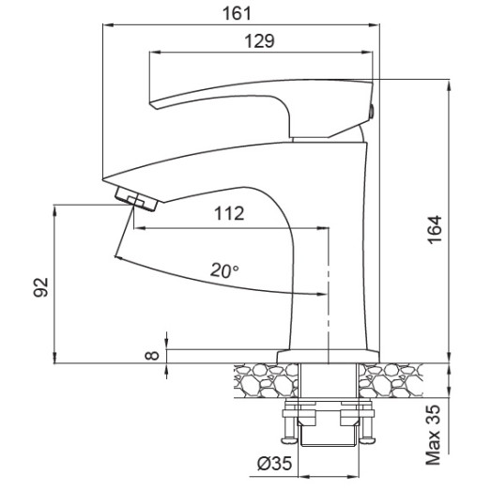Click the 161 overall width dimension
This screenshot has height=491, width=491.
(x=240, y=13)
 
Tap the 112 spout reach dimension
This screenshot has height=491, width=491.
(x=230, y=213)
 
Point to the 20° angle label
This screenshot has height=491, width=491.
(x=224, y=269)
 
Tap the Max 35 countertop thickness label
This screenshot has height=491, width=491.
(x=434, y=435)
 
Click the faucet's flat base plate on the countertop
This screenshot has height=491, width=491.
(x=328, y=356)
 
